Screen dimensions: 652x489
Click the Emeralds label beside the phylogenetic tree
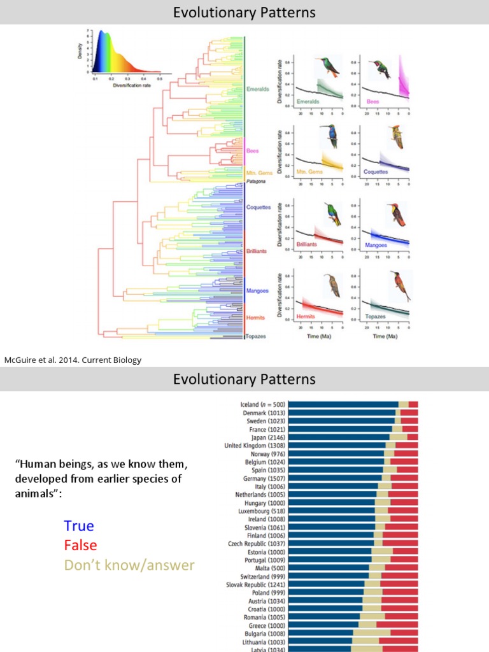click(258, 89)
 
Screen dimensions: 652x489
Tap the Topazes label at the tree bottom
click(256, 336)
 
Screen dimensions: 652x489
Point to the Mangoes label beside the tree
click(257, 291)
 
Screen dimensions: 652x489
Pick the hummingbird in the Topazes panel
click(399, 285)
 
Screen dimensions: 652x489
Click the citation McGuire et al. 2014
click(73, 360)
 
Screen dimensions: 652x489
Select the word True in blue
click(78, 526)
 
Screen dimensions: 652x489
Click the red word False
click(80, 546)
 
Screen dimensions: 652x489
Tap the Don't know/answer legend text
click(129, 565)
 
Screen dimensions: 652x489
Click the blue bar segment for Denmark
click(341, 413)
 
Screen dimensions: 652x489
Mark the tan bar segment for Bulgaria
click(371, 633)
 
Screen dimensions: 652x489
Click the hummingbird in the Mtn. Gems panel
click(332, 136)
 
